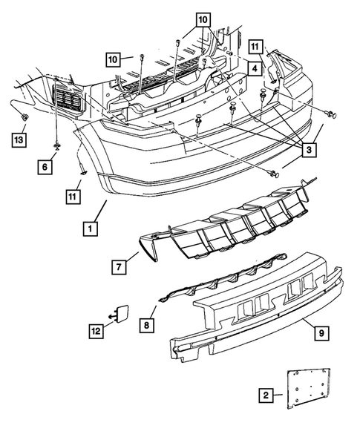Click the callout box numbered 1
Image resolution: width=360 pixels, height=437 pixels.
[x=91, y=229]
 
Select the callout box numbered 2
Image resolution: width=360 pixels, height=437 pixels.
[x=266, y=395]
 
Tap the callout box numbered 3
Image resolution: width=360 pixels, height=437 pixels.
[x=309, y=150]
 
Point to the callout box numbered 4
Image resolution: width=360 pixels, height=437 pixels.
[x=255, y=68]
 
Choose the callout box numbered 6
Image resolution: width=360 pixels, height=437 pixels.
[x=45, y=167]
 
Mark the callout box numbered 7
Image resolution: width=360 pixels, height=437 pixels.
[x=119, y=267]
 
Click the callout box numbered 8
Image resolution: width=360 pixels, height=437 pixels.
[x=147, y=325]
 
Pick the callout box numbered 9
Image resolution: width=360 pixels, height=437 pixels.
[x=321, y=333]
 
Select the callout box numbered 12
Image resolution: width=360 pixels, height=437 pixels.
[x=96, y=331]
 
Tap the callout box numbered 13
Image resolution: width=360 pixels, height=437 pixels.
[x=19, y=139]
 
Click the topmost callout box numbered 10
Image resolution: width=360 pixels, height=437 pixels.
[x=203, y=20]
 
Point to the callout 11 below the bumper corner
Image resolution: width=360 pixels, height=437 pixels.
[x=73, y=197]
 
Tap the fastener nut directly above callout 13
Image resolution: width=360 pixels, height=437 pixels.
[x=24, y=118]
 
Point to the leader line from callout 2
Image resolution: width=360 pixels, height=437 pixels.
[x=278, y=395]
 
